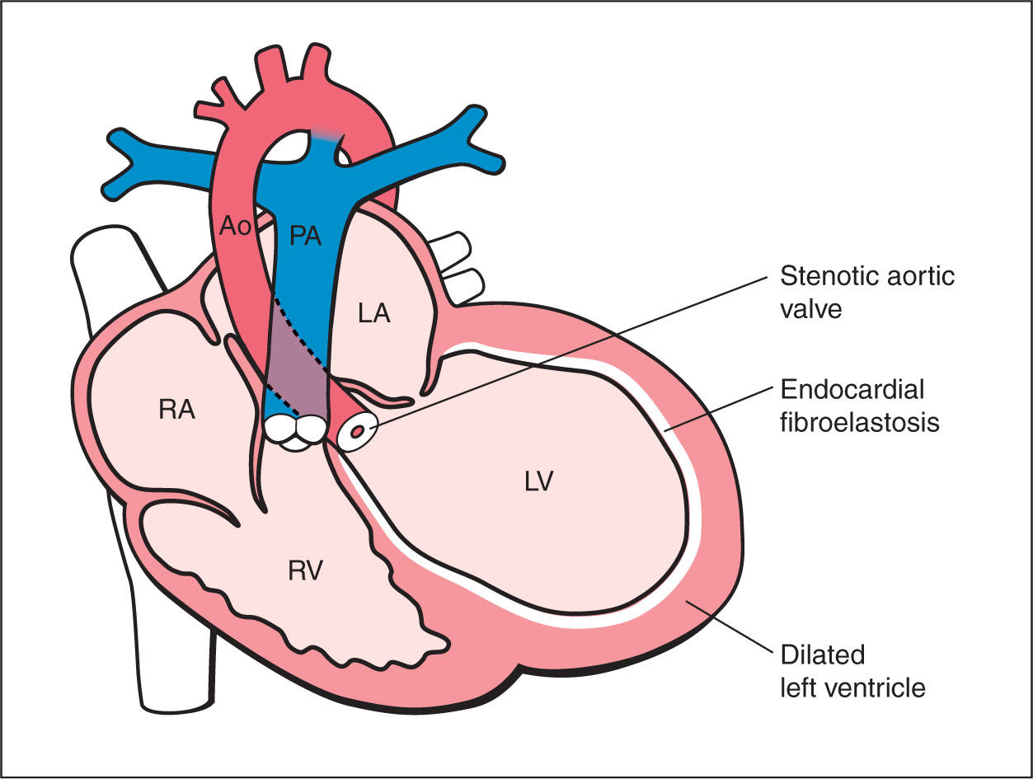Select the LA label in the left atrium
coord(373,314)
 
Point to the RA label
coord(177,410)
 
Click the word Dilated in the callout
coord(822,655)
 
